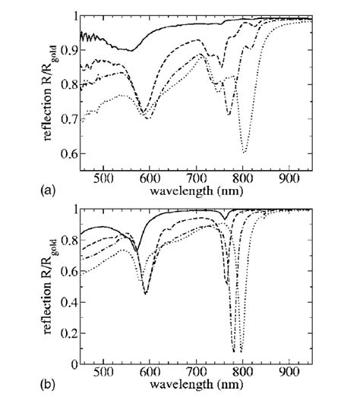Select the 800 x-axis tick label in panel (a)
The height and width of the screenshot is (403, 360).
[243, 179]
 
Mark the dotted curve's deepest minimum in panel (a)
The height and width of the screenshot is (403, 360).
[244, 153]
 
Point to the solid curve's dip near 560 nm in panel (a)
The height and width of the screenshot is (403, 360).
[131, 51]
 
